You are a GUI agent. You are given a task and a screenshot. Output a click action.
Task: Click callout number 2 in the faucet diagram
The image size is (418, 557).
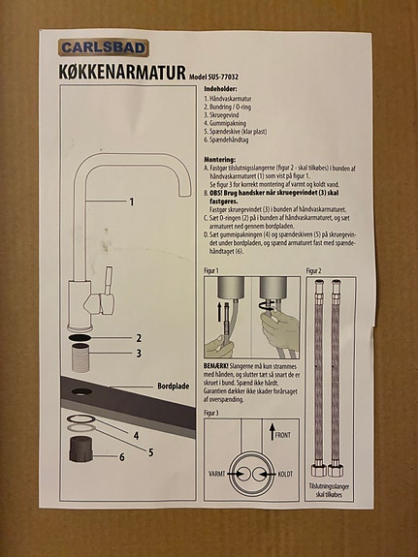point(139,338)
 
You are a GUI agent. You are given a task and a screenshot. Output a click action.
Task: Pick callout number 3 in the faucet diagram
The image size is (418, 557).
point(139,354)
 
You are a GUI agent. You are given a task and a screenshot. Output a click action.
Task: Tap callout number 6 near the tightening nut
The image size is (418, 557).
point(122,455)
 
